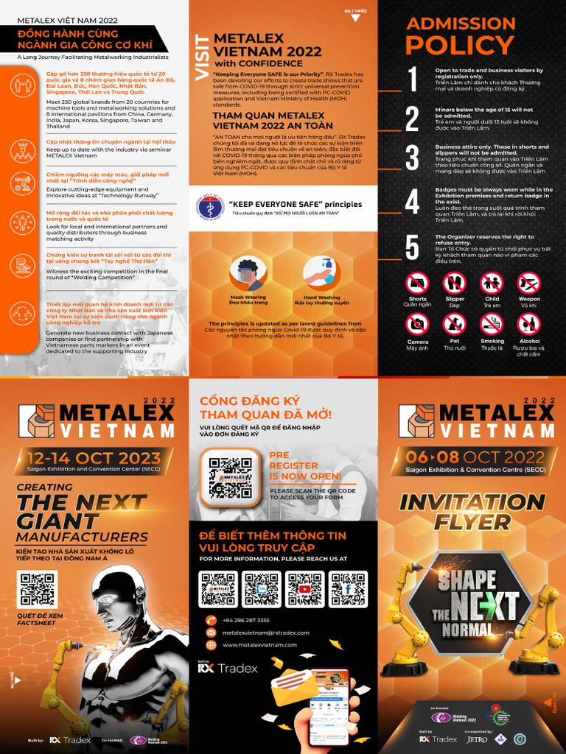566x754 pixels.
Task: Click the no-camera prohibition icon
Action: [x=417, y=324]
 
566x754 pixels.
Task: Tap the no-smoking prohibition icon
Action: [x=492, y=324]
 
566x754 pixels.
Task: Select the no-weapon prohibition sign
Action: [x=528, y=283]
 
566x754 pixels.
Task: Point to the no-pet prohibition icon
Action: [x=454, y=324]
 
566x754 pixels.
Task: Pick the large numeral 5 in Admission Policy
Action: [x=413, y=247]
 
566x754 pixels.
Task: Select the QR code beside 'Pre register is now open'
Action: [x=230, y=477]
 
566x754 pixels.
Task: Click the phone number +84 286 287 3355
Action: [x=245, y=620]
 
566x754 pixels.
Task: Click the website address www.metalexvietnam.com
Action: [x=259, y=645]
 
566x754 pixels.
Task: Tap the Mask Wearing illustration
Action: [x=248, y=275]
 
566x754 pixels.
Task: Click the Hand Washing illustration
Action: [x=321, y=274]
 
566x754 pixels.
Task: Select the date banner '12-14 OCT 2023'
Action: [x=94, y=457]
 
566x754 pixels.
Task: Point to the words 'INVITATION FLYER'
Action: [x=472, y=512]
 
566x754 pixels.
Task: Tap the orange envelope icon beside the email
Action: [x=211, y=633]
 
